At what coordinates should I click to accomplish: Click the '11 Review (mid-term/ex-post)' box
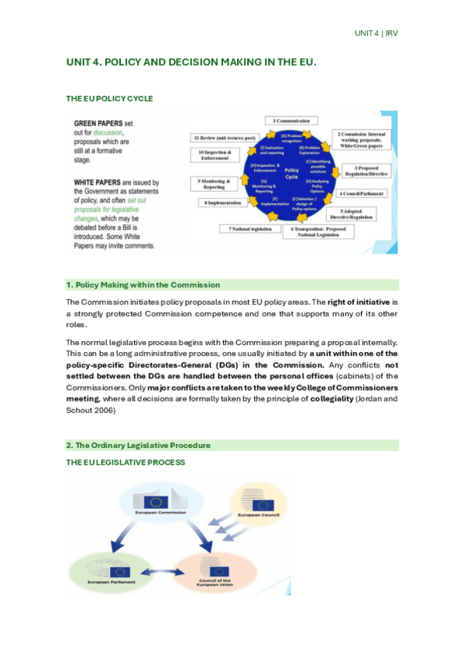coord(224,136)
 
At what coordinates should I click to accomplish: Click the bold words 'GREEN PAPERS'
coord(97,124)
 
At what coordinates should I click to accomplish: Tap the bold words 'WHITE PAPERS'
coord(97,183)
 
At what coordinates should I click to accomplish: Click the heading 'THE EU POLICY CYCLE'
coord(109,99)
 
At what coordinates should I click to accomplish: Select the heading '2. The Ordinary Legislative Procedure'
coord(138,445)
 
